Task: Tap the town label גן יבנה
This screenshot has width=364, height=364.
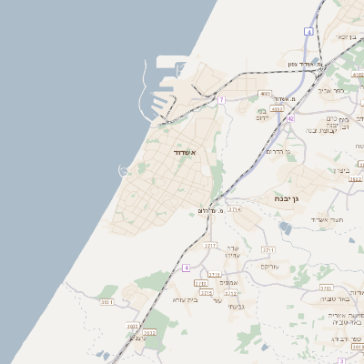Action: coord(288,197)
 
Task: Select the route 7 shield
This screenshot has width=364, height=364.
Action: coord(221,99)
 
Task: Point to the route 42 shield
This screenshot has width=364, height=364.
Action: coord(290,118)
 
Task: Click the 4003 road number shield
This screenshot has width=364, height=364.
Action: coord(265,93)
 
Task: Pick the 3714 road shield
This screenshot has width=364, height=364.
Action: coord(235,209)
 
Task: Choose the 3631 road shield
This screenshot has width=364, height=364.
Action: coord(107,300)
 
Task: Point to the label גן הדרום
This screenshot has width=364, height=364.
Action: coord(274,151)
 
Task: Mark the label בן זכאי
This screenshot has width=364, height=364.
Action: coord(345,37)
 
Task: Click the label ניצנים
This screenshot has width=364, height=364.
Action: coord(137,338)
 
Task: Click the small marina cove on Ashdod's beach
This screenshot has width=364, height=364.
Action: coord(122,170)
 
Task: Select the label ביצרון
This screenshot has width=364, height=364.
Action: coord(341,170)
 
